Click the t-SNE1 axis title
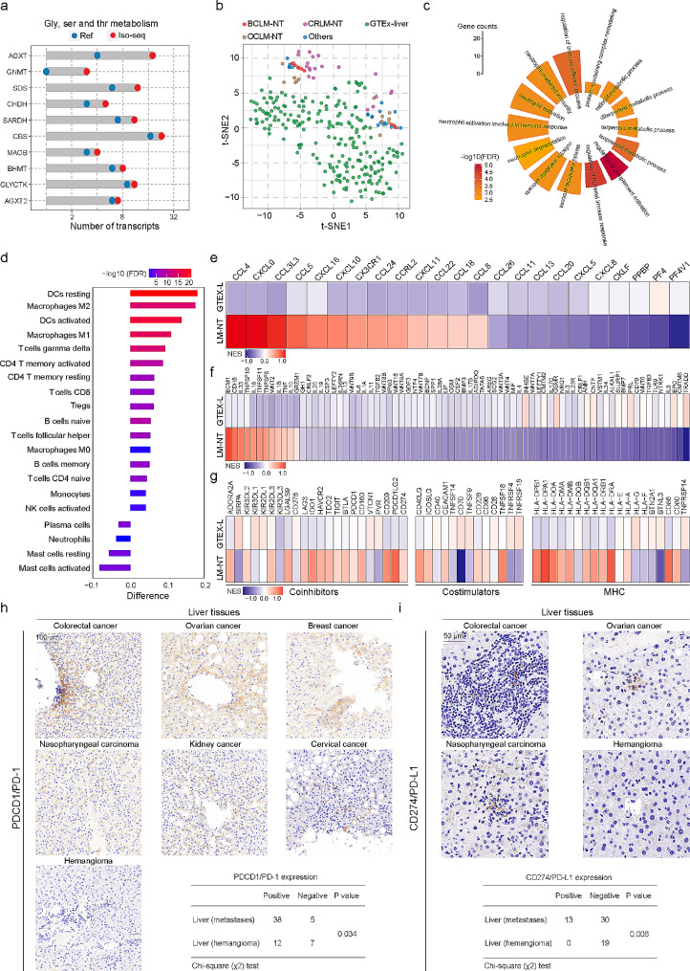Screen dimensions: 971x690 click(x=334, y=231)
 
